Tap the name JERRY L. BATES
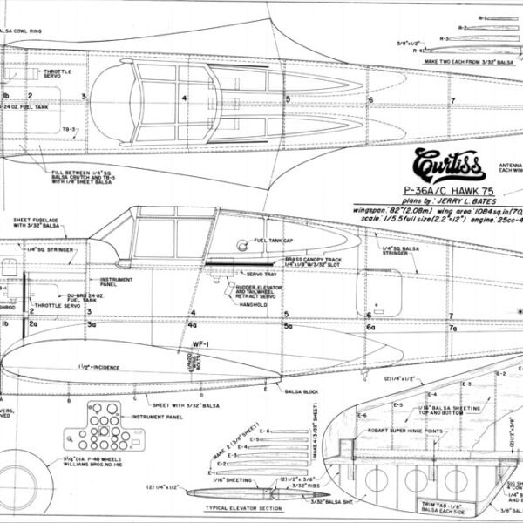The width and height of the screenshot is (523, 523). click(x=437, y=201)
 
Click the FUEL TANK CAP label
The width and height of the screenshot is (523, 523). click(x=275, y=241)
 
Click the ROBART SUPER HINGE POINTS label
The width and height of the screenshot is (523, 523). click(x=405, y=430)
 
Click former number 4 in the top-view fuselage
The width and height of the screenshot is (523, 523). click(x=184, y=98)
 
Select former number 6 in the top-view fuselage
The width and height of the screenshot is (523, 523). click(x=370, y=99)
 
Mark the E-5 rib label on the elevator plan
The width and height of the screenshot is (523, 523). click(x=398, y=405)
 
